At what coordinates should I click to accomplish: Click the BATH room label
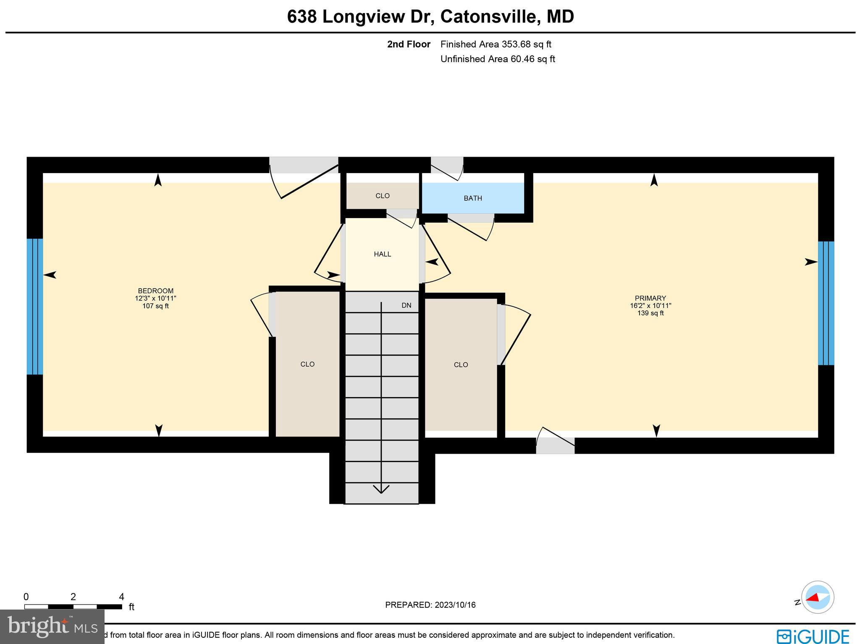[x=473, y=198]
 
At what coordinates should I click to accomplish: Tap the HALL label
[x=382, y=254]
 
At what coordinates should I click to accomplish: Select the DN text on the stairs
[x=406, y=305]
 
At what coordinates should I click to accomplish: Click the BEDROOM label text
[x=155, y=291]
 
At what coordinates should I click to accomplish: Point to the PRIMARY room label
[x=650, y=298]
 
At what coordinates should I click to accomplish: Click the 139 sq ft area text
[x=650, y=313]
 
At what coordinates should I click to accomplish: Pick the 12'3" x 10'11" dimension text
[x=155, y=298]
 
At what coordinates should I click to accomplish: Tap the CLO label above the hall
[x=382, y=196]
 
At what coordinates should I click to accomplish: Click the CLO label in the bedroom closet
[x=307, y=364]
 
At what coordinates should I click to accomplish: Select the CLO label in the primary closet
[x=461, y=365]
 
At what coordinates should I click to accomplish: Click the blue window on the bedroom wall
[x=35, y=306]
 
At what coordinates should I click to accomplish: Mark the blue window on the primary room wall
[x=826, y=303]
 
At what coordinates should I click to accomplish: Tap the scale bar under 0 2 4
[x=73, y=606]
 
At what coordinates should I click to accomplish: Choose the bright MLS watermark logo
[x=52, y=626]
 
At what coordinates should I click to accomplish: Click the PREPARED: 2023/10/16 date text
[x=430, y=605]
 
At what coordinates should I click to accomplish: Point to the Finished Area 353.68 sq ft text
[x=496, y=44]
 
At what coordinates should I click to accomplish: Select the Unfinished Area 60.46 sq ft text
[x=498, y=59]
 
